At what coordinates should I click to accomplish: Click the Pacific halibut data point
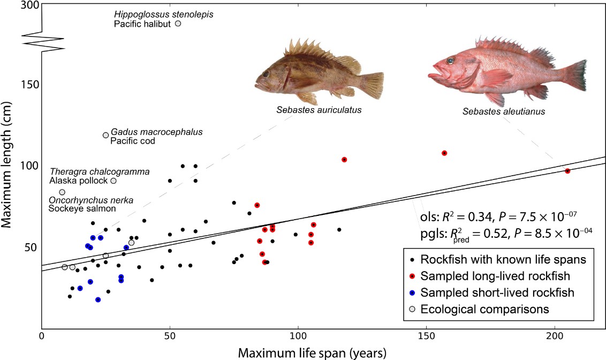pyautogui.click(x=178, y=24)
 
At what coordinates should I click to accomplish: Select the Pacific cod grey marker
pyautogui.click(x=105, y=135)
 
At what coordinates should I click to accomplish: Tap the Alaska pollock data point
pyautogui.click(x=113, y=181)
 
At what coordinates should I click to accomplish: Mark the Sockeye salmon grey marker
pyautogui.click(x=62, y=192)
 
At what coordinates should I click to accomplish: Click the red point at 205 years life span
pyautogui.click(x=567, y=171)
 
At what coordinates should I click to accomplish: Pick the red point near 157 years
pyautogui.click(x=444, y=153)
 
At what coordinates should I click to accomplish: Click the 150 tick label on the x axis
pyautogui.click(x=426, y=335)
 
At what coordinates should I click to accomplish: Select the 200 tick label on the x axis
pyautogui.click(x=555, y=335)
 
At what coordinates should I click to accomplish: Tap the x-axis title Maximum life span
pyautogui.click(x=312, y=352)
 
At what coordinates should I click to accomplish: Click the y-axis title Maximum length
pyautogui.click(x=6, y=164)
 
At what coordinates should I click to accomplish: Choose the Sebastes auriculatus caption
pyautogui.click(x=319, y=110)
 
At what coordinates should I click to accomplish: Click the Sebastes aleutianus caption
pyautogui.click(x=504, y=111)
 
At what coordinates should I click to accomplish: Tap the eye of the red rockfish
pyautogui.click(x=450, y=61)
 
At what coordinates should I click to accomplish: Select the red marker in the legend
pyautogui.click(x=413, y=276)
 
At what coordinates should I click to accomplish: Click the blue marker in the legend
pyautogui.click(x=413, y=292)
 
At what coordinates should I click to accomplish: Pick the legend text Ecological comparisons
pyautogui.click(x=484, y=309)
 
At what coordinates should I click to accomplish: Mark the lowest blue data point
pyautogui.click(x=98, y=299)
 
